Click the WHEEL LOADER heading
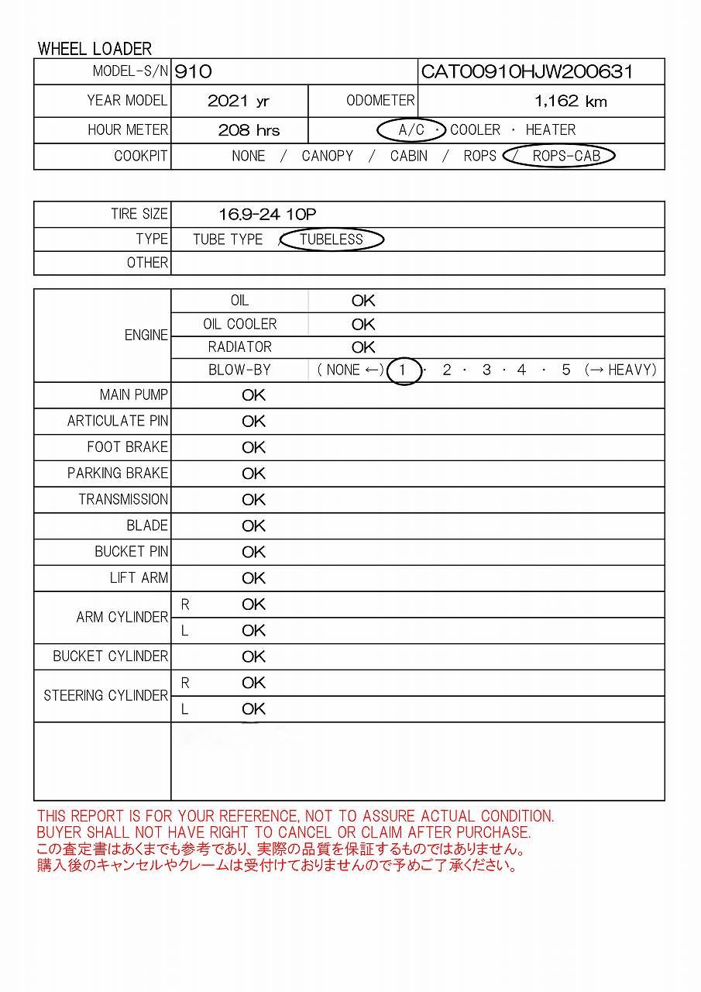tap(94, 49)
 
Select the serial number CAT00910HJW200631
tap(527, 72)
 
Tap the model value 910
tap(193, 72)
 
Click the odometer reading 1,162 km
tap(570, 102)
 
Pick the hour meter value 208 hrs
tap(249, 130)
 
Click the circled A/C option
tap(411, 130)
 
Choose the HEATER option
tap(550, 130)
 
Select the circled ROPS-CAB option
tap(565, 156)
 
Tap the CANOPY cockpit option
tap(327, 156)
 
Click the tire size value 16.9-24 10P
tap(267, 215)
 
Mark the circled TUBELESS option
tap(331, 239)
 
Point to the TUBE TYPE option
tap(228, 239)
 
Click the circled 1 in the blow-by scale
tap(402, 370)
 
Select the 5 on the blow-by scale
tap(566, 370)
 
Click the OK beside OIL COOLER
tap(363, 324)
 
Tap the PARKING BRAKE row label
tap(117, 473)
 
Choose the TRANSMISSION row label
tap(122, 499)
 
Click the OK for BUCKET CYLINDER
tap(253, 656)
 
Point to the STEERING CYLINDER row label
tap(105, 695)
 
